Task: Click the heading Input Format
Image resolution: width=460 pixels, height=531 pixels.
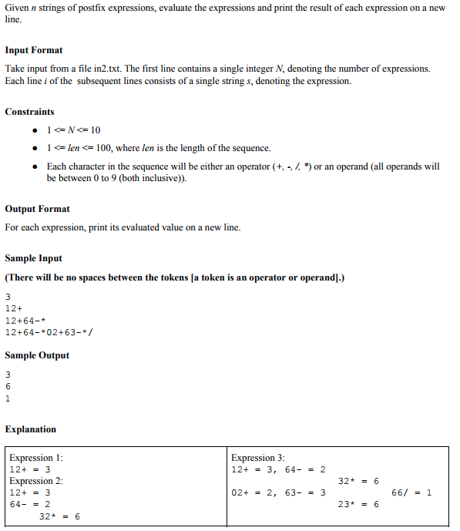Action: [34, 50]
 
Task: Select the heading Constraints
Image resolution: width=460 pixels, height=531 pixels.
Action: [29, 112]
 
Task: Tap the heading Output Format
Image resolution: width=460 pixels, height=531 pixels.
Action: [37, 209]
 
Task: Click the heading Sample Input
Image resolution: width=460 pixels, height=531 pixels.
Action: [33, 258]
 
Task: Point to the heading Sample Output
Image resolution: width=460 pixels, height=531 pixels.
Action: [37, 355]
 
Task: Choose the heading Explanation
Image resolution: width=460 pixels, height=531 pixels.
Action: [30, 429]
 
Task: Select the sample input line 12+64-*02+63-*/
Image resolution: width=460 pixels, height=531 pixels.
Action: [49, 332]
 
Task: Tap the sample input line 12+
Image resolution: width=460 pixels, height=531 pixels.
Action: [15, 309]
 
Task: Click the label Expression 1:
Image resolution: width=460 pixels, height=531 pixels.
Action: [35, 458]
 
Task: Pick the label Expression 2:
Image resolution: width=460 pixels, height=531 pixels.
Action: [35, 481]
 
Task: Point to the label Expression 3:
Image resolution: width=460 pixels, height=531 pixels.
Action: [257, 458]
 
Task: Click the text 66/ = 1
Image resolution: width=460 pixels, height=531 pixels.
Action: [411, 492]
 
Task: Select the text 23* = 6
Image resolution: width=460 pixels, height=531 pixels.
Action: [358, 504]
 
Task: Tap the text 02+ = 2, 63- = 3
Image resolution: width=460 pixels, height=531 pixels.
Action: [278, 492]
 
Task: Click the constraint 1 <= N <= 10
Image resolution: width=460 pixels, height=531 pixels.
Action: [73, 129]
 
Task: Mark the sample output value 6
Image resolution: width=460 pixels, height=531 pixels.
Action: [8, 387]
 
